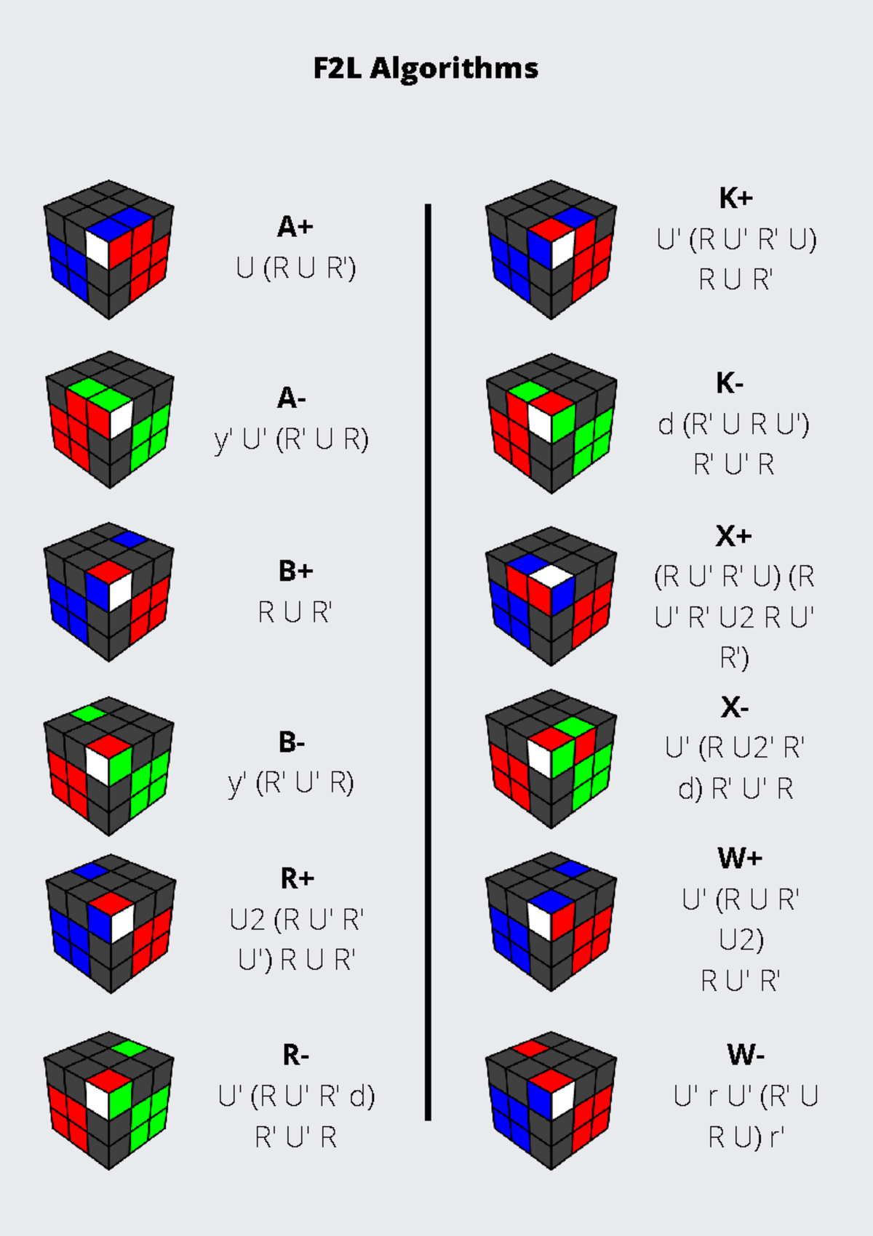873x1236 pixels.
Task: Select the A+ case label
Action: point(295,227)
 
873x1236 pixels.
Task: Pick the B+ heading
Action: point(295,571)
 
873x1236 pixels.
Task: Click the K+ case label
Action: point(736,198)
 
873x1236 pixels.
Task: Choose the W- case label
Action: point(746,1054)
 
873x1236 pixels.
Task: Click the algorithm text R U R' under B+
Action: point(295,612)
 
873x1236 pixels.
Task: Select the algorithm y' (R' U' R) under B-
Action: point(291,784)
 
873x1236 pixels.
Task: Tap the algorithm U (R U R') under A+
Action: point(295,268)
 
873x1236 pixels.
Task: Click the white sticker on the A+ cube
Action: point(97,250)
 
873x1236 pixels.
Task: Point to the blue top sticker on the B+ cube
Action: point(129,539)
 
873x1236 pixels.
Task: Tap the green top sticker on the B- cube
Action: point(88,713)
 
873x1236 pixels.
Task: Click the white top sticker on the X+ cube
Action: point(551,576)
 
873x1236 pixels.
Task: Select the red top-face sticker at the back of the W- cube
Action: point(530,1048)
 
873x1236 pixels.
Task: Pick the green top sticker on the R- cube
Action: point(129,1048)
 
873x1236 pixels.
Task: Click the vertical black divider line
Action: point(428,662)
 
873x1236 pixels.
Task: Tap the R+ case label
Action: point(297,878)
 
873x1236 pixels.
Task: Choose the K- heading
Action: point(730,383)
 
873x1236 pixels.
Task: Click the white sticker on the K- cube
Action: point(540,423)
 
